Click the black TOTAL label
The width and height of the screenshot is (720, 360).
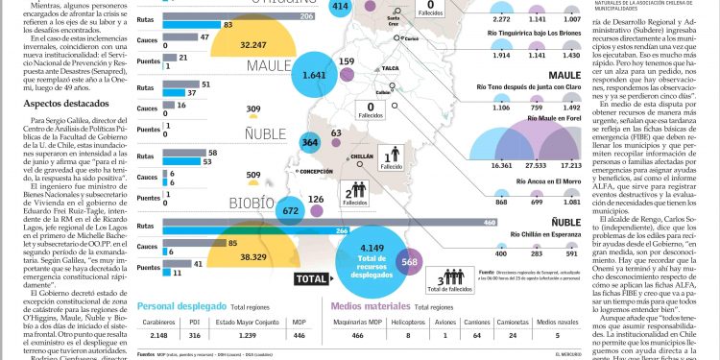click(313, 279)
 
